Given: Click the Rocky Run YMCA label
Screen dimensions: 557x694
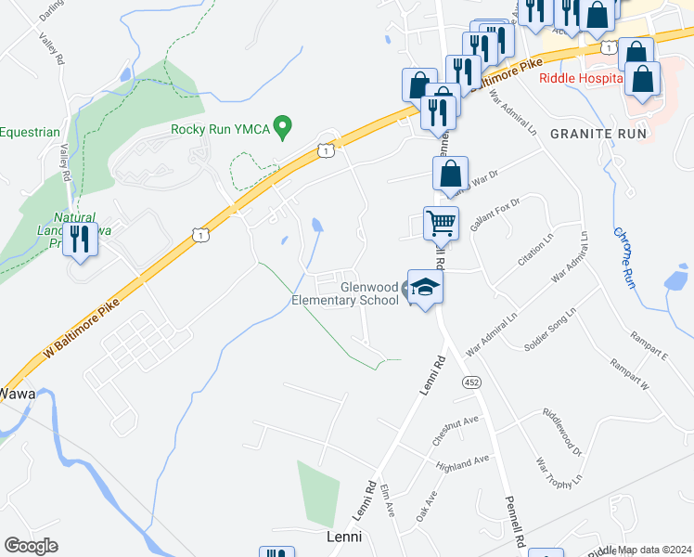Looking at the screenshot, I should pyautogui.click(x=220, y=129).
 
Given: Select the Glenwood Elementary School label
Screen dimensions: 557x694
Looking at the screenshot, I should pyautogui.click(x=345, y=294).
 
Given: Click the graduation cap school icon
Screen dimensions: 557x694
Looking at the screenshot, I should pyautogui.click(x=426, y=289).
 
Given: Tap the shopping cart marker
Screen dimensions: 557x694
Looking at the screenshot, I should pyautogui.click(x=441, y=223).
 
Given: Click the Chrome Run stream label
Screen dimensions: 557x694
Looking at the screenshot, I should pyautogui.click(x=623, y=257).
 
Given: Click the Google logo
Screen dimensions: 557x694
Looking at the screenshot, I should pyautogui.click(x=31, y=546).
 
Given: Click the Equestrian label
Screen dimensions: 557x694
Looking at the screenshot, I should pyautogui.click(x=30, y=133).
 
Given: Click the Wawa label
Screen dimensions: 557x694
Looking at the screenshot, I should pyautogui.click(x=17, y=394).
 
